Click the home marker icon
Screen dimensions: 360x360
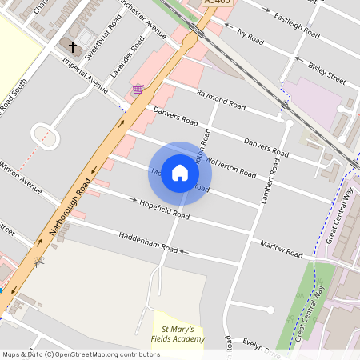[180, 173]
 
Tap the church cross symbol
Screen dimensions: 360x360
[73, 46]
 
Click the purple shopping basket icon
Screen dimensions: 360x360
[138, 90]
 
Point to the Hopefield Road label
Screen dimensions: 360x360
[164, 210]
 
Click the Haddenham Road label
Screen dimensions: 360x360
[148, 242]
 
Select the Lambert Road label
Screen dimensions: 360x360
[270, 182]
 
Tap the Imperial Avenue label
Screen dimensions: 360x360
[84, 75]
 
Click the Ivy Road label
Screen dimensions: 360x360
[250, 35]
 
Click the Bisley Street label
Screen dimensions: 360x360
[326, 74]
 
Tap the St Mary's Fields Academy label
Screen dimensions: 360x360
[178, 334]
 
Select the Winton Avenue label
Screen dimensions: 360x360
[20, 178]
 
